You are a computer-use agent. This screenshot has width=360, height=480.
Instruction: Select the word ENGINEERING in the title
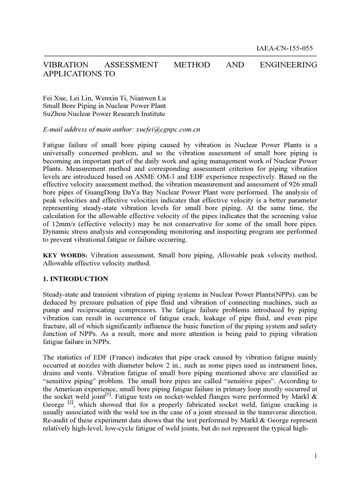[x=288, y=65]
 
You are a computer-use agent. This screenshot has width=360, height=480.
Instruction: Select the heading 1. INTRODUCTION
[x=75, y=279]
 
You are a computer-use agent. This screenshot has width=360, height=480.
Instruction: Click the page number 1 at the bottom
[x=315, y=455]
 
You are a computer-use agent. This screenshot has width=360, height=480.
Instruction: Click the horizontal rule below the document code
[x=180, y=55]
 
